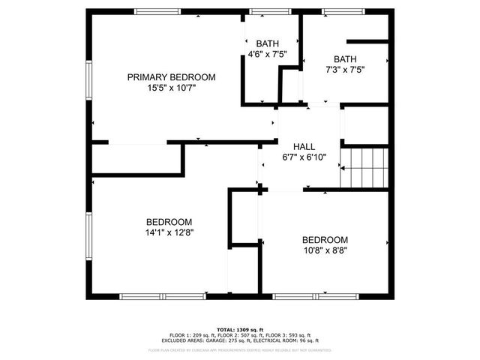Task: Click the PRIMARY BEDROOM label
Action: pyautogui.click(x=171, y=77)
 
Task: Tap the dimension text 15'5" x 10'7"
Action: pyautogui.click(x=171, y=88)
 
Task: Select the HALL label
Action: pyautogui.click(x=304, y=147)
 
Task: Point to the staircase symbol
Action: pyautogui.click(x=365, y=168)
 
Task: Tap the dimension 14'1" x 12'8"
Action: pyautogui.click(x=169, y=232)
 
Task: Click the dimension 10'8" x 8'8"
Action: pyautogui.click(x=325, y=250)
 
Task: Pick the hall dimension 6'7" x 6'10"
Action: pyautogui.click(x=304, y=157)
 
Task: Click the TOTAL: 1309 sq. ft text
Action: pyautogui.click(x=240, y=329)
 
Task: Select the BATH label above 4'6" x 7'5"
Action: pyautogui.click(x=267, y=43)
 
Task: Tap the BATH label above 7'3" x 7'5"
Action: pyautogui.click(x=345, y=59)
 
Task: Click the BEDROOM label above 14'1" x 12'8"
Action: pyautogui.click(x=169, y=222)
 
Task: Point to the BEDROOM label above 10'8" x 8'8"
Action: pyautogui.click(x=325, y=240)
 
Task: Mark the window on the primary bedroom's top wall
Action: pyautogui.click(x=157, y=10)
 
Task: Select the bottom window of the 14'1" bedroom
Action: pyautogui.click(x=163, y=296)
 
